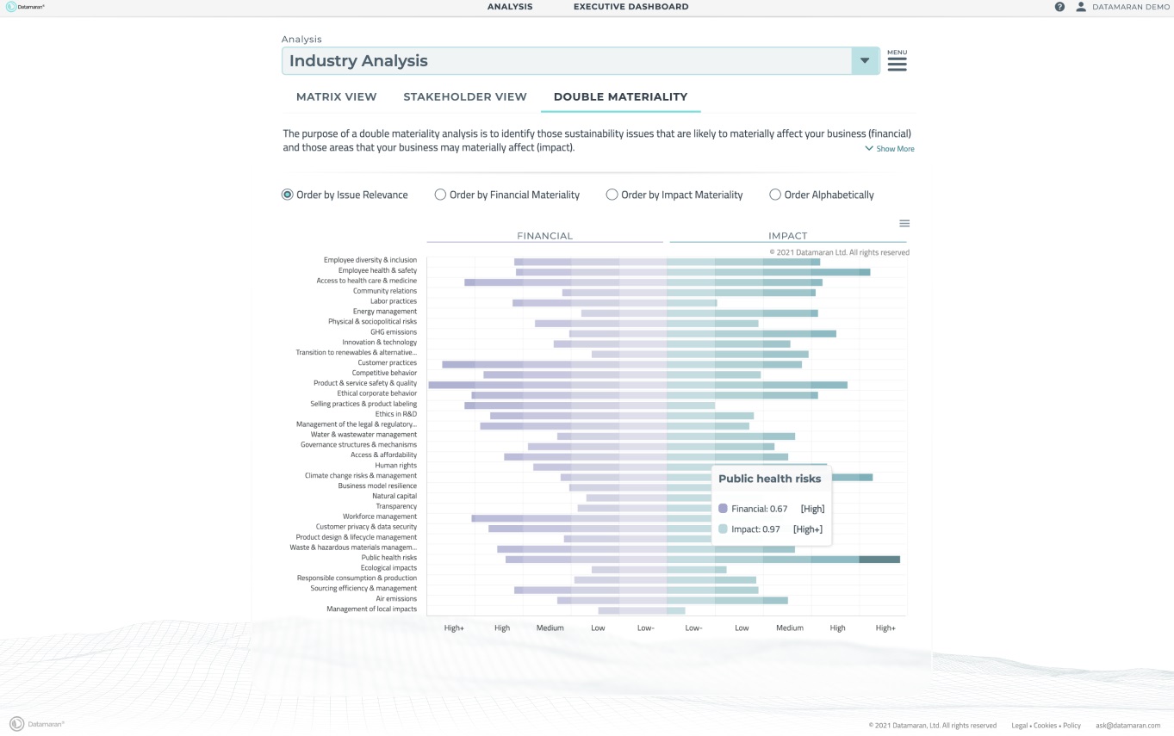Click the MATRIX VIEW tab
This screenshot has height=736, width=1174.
pos(336,97)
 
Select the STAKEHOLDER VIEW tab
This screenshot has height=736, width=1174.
pos(464,97)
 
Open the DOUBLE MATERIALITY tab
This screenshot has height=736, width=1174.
pos(620,97)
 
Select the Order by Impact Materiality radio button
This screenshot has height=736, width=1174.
pos(612,195)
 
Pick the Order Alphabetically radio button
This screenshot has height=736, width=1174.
pos(775,195)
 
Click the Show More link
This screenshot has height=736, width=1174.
pos(890,149)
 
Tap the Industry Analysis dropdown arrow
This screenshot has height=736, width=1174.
pos(865,61)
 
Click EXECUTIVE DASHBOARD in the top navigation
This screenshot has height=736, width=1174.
pos(630,7)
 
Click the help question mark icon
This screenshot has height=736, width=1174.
pos(1059,7)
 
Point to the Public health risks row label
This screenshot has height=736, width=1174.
pos(388,558)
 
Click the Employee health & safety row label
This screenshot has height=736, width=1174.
pos(377,270)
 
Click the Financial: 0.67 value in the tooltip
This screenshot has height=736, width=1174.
pos(759,509)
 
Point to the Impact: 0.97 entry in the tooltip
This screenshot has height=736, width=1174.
pos(755,529)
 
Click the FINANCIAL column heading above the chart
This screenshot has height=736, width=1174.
pos(544,236)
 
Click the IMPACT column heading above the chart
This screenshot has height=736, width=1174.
pos(787,236)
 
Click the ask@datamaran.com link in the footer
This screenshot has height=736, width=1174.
pos(1128,726)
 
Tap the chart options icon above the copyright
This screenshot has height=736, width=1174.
pos(904,224)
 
